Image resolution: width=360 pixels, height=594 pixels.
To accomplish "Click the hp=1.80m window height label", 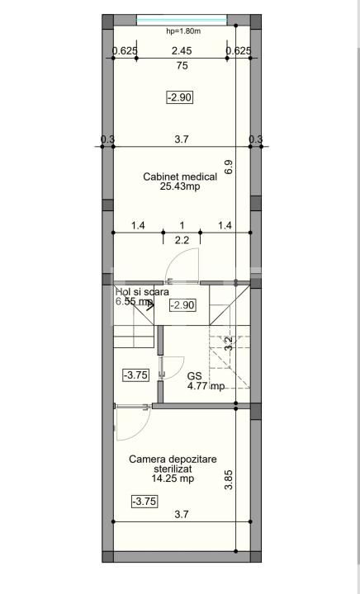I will (182, 31).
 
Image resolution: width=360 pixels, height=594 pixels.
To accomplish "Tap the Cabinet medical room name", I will (180, 177).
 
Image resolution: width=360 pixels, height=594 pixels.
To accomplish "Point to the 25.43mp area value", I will (180, 186).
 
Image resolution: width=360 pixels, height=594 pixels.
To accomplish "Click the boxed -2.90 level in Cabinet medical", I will (179, 97).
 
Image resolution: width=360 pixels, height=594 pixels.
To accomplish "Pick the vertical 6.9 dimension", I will (229, 166).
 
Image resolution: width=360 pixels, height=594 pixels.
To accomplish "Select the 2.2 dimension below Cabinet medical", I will (182, 240).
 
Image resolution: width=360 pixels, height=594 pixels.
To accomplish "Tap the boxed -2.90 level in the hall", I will (182, 305).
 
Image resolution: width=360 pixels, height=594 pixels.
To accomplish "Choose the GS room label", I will (195, 375).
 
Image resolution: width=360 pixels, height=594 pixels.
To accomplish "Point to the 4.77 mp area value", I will (206, 385).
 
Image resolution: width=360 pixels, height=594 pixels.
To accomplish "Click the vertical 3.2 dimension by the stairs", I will (229, 343).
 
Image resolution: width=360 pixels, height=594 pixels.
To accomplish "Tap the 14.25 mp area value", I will (173, 478).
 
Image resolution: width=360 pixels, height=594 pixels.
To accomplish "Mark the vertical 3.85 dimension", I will (229, 480).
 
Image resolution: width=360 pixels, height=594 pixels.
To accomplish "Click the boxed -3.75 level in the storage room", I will (144, 501).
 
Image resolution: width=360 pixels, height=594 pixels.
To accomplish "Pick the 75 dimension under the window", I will (182, 67).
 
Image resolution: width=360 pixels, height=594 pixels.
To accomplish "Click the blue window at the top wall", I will (182, 19).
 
